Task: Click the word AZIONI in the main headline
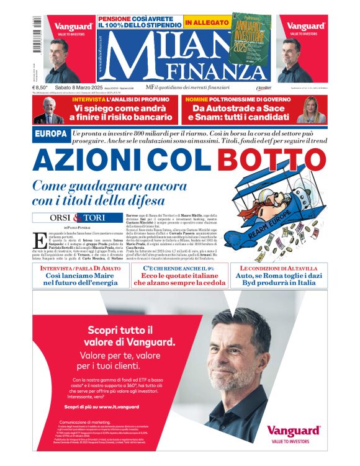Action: click(x=89, y=160)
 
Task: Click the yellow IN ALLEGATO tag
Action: click(x=205, y=23)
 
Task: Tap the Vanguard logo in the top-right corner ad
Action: click(x=305, y=27)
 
